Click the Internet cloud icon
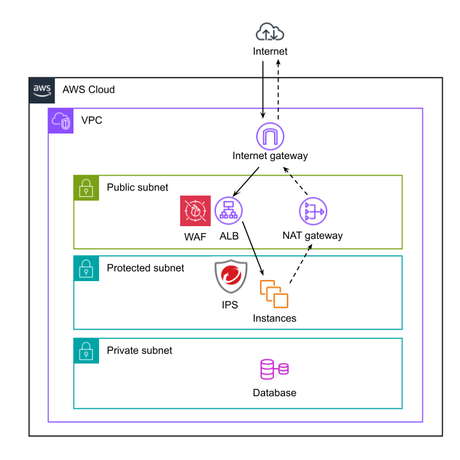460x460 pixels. (270, 33)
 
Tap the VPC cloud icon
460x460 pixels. (61, 121)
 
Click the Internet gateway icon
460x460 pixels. (270, 137)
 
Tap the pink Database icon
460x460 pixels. (274, 370)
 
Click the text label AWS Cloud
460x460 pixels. (89, 89)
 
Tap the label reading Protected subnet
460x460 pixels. (145, 268)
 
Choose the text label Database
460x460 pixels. (275, 393)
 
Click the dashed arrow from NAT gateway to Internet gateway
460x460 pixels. (296, 181)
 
